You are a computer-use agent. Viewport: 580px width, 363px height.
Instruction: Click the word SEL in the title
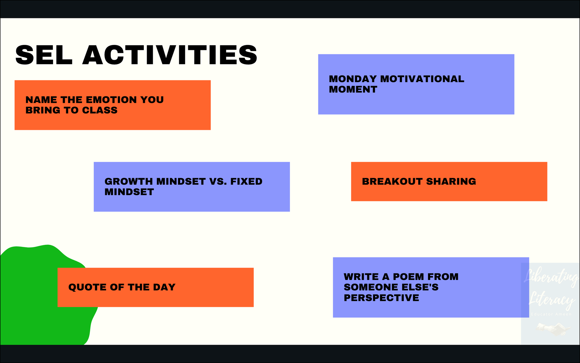click(x=44, y=55)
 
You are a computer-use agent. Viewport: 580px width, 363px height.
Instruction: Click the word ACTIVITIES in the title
click(x=170, y=55)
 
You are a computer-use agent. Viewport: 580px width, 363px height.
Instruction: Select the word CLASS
click(x=100, y=110)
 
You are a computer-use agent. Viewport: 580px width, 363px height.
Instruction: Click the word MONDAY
click(x=353, y=79)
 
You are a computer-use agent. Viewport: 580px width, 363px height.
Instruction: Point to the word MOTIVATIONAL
click(x=422, y=79)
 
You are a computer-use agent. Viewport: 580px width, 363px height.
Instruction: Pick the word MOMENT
click(x=353, y=89)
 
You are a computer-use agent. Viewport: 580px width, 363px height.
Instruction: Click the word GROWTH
click(x=128, y=181)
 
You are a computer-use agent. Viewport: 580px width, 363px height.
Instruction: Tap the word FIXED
click(x=246, y=181)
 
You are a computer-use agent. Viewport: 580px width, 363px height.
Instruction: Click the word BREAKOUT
click(x=392, y=181)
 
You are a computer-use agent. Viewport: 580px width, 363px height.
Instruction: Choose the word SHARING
click(x=451, y=181)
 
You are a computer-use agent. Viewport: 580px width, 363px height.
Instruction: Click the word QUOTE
click(x=87, y=287)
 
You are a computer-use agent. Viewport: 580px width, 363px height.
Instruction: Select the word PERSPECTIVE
click(x=381, y=298)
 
